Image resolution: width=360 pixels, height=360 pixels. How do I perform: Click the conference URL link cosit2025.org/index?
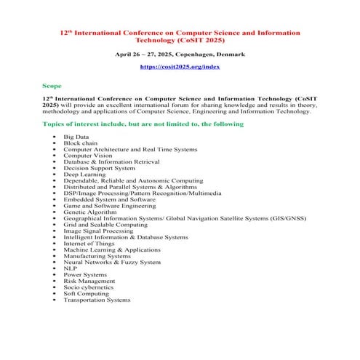coord(180,67)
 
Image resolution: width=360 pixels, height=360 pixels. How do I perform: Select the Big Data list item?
coord(77,136)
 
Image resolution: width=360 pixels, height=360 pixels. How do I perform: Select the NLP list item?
coord(70,268)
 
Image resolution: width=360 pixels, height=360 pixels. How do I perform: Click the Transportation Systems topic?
coord(97,300)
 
